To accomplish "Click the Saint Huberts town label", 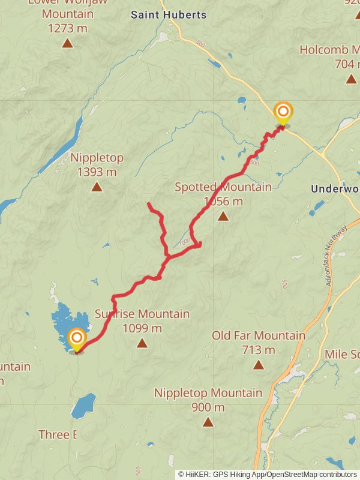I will point(169,15).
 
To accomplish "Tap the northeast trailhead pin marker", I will point(283,113).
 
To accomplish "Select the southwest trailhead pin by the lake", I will point(77,339).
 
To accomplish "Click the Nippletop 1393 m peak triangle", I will point(97,187).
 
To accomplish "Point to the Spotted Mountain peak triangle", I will point(223,216).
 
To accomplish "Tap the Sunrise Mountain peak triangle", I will point(142,343).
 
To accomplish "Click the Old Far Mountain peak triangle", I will point(259,365).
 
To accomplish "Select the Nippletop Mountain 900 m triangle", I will point(208,422).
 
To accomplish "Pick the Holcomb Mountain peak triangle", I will point(352,79).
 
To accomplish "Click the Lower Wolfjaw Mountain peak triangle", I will point(68,43).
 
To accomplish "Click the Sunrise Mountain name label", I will point(142,314).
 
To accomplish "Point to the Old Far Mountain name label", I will point(259,335).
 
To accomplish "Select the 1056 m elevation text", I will point(223,201).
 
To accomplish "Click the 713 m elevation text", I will point(259,350).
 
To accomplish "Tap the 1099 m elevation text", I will point(142,328).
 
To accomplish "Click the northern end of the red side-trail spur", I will point(149,205).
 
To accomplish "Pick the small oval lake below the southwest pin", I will point(83,406).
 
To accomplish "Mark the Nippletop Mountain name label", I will point(208,393).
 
